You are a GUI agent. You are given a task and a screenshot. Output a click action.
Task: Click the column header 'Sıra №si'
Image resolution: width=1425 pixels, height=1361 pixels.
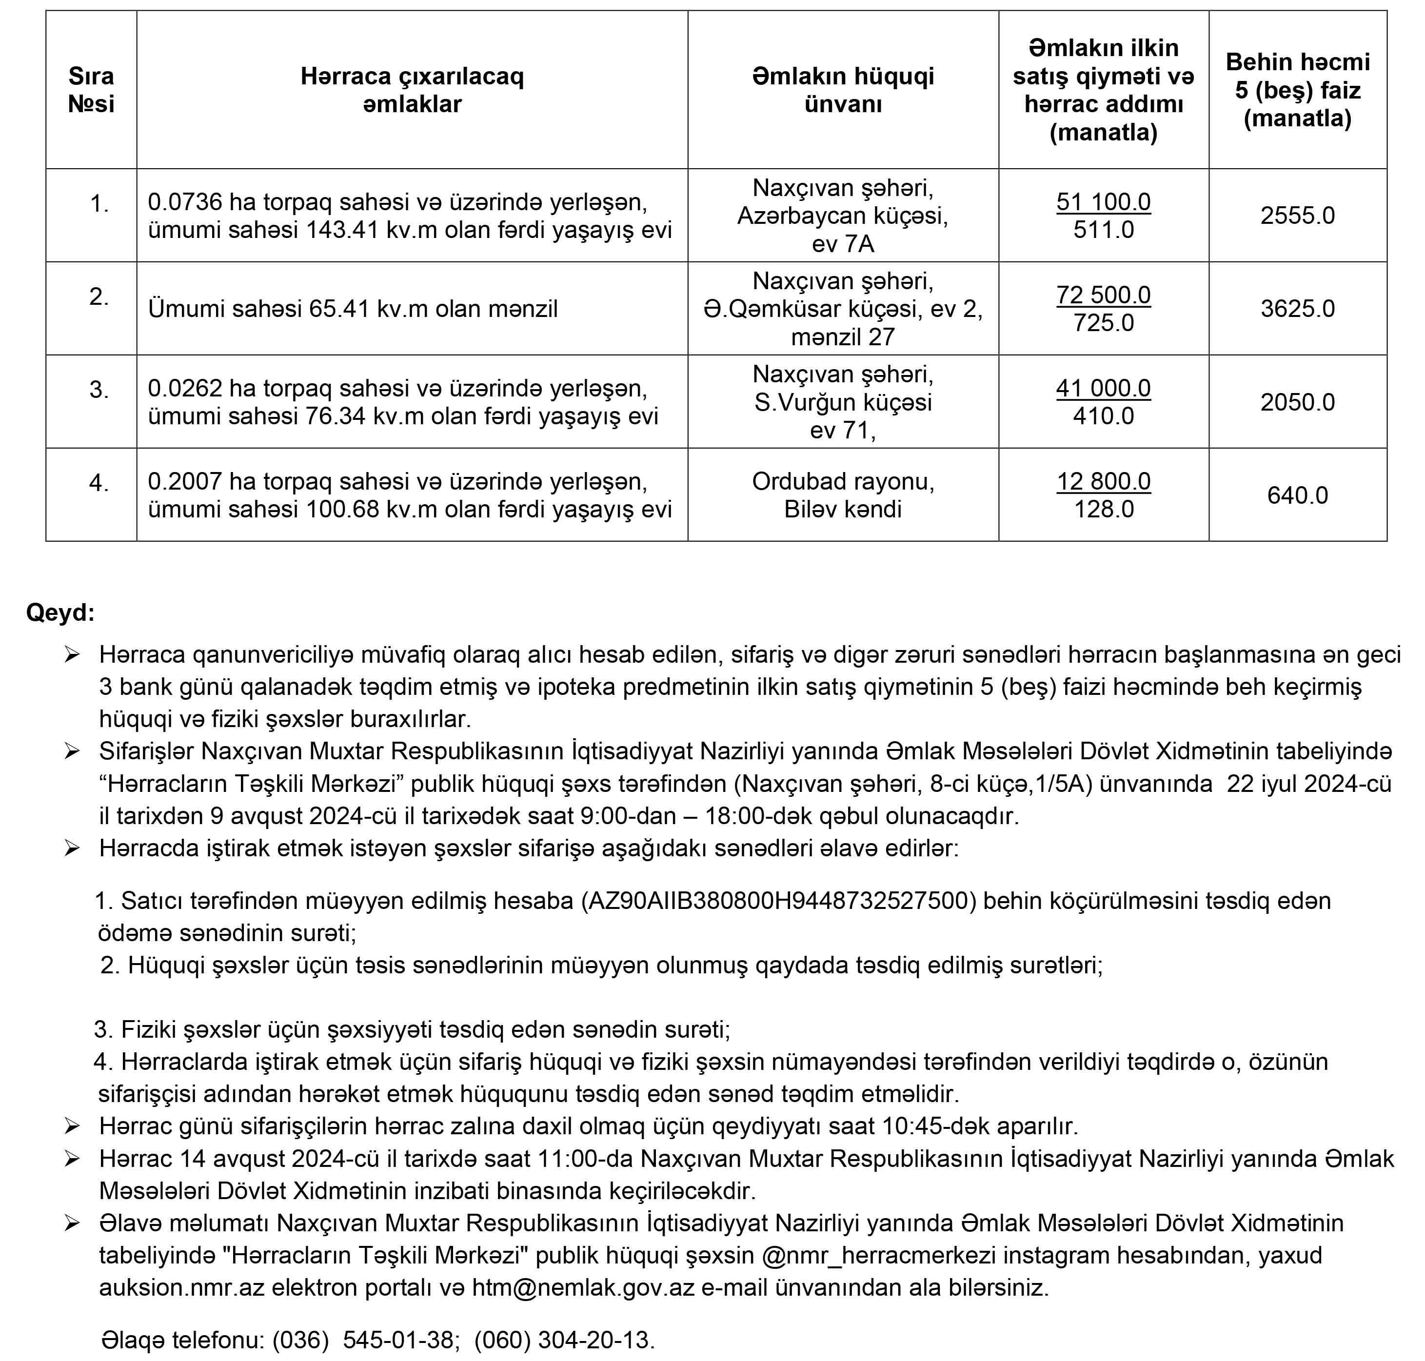coord(91,90)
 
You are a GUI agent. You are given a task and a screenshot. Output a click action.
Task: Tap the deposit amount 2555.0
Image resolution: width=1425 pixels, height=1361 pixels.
coord(1297,216)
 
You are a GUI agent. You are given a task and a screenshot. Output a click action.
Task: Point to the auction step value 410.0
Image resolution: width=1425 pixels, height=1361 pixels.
coord(1103,415)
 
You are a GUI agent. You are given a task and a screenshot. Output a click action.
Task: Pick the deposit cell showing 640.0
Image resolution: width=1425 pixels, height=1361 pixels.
coord(1297,495)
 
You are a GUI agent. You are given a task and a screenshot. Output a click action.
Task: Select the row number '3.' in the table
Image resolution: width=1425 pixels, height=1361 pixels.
coord(99,390)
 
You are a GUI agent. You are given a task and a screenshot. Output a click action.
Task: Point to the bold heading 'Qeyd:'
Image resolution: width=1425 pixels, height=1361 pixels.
coord(60,612)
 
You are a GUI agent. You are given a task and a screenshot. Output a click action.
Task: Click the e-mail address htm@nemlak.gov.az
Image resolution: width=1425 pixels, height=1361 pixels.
coord(583,1288)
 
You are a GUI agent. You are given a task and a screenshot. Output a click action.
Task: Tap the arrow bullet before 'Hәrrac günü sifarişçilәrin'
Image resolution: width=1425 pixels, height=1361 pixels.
coord(71,1126)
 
